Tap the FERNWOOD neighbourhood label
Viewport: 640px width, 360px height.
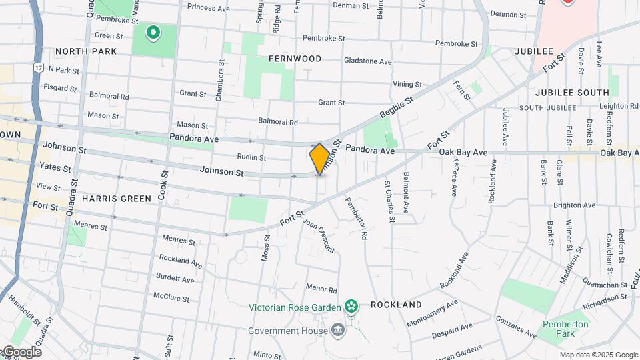[x=295, y=59]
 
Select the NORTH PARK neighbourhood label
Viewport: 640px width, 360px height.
[x=86, y=51]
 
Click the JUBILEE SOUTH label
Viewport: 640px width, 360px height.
[x=572, y=93]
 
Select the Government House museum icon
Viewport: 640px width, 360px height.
[x=338, y=331]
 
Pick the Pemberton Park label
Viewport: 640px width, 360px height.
[x=565, y=329]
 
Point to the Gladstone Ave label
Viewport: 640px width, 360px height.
[x=367, y=61]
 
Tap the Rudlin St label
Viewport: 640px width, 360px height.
[x=251, y=158]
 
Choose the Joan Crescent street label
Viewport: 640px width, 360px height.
[x=318, y=235]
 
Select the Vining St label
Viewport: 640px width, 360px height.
[x=407, y=85]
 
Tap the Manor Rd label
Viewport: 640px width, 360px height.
[x=321, y=289]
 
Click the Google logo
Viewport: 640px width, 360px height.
[x=22, y=352]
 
